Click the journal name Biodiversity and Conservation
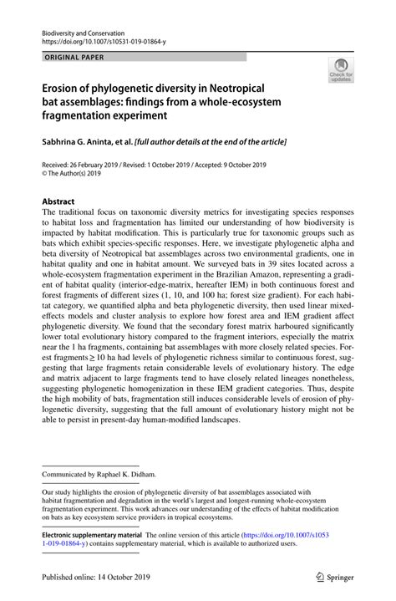[78, 28]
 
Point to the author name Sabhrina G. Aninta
[75, 142]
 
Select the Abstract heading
[58, 201]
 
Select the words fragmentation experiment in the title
[107, 114]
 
